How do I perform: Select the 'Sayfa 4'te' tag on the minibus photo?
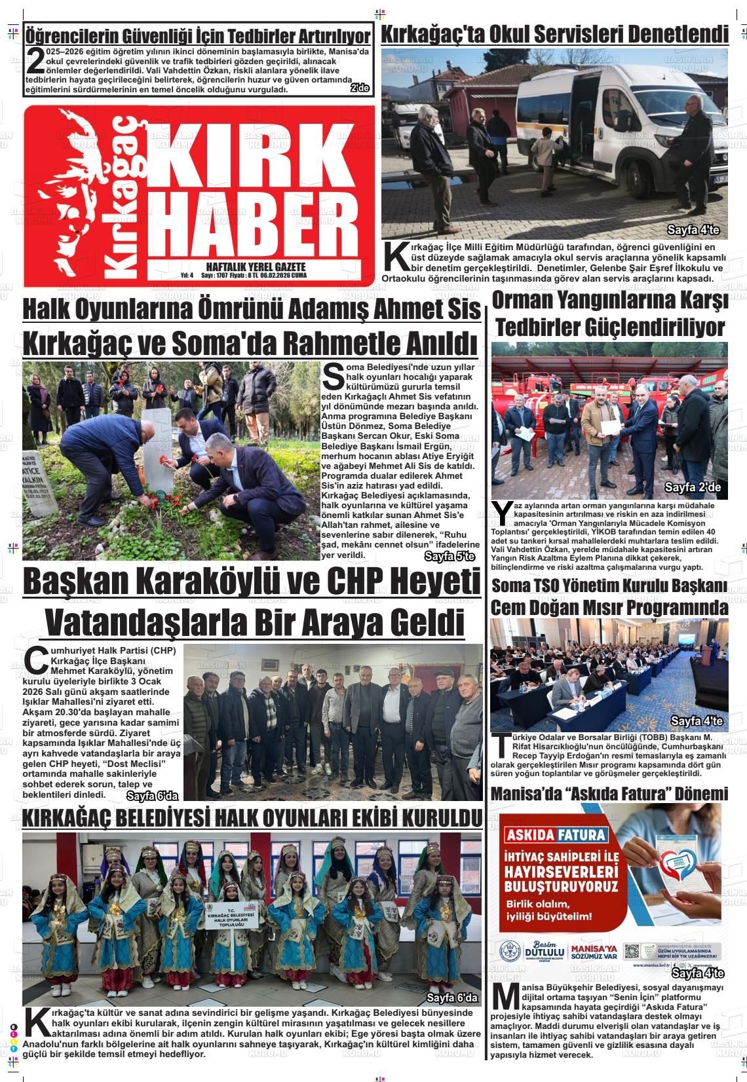click(x=693, y=230)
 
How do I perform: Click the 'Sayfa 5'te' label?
click(x=450, y=557)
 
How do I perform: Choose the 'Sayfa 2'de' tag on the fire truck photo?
click(x=692, y=487)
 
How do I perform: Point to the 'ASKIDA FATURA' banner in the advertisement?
click(x=555, y=835)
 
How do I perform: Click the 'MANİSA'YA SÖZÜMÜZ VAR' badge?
click(x=594, y=952)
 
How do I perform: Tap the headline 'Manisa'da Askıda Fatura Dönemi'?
click(x=609, y=794)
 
